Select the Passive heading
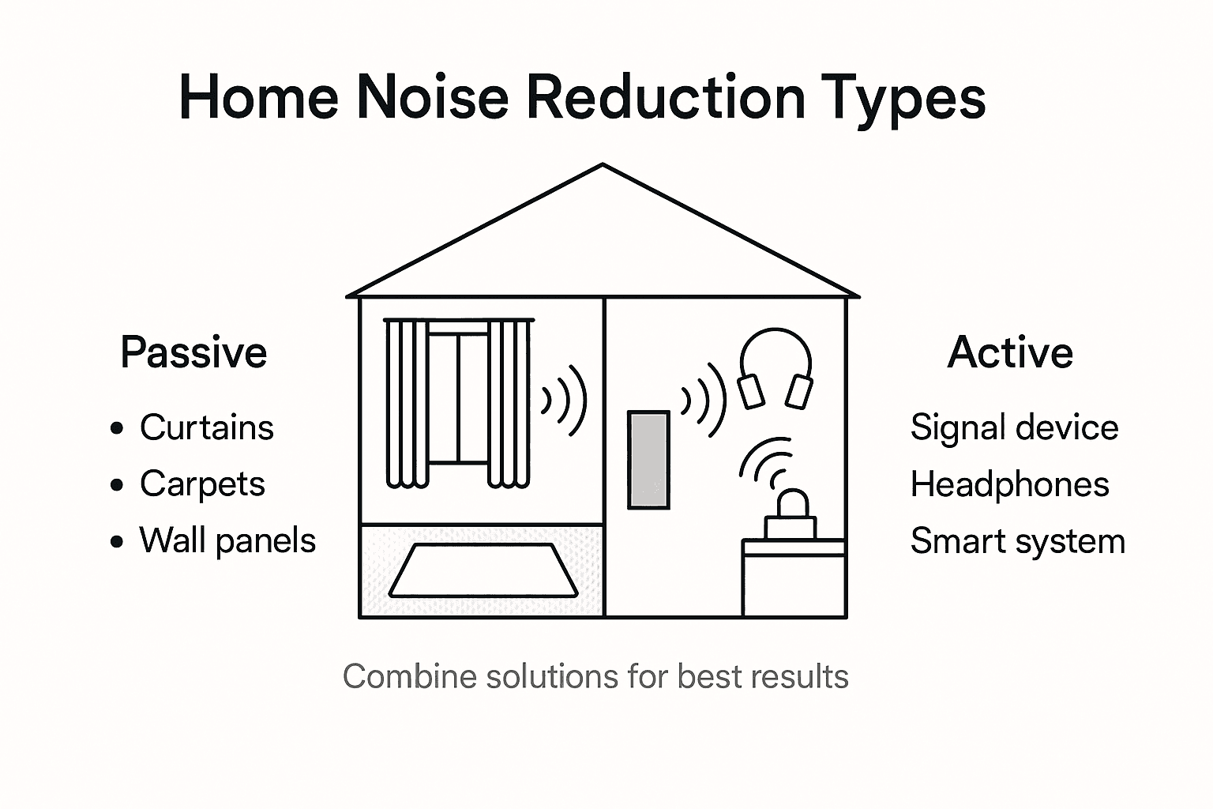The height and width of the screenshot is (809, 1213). click(x=193, y=352)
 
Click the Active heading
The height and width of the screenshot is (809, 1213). click(x=1010, y=352)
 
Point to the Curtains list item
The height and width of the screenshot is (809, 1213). click(x=206, y=427)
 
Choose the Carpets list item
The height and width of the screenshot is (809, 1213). click(x=202, y=484)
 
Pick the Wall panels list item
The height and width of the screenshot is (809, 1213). click(x=227, y=540)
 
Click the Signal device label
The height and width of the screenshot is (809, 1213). click(x=1014, y=427)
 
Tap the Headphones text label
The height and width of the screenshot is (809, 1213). click(x=1009, y=484)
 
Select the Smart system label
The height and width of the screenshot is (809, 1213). click(x=1017, y=541)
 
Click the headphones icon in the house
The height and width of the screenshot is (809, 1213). click(x=775, y=368)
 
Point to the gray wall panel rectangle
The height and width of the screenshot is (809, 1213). click(x=648, y=459)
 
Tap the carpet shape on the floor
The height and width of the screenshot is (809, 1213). click(x=483, y=570)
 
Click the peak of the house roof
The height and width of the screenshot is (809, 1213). click(x=603, y=166)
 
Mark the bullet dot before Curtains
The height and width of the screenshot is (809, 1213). click(x=118, y=428)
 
